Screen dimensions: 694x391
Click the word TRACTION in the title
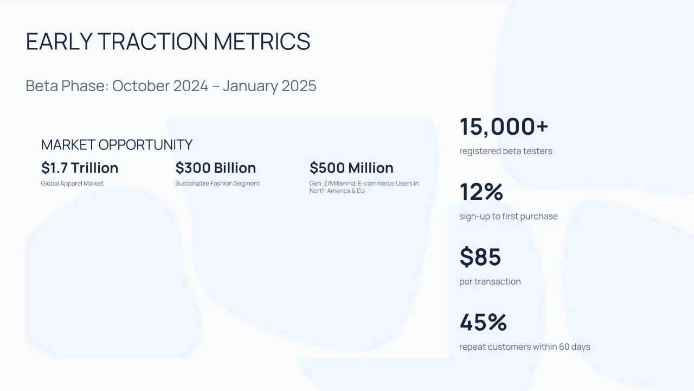pos(153,41)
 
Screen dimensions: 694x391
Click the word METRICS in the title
pos(262,41)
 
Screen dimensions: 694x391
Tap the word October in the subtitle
pos(140,86)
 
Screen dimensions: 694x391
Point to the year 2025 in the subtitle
pos(299,86)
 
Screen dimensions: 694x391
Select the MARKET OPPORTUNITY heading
pos(117,144)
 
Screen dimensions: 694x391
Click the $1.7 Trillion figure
pos(80,168)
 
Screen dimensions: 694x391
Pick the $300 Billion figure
pos(216,168)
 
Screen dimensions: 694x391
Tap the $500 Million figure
pos(351,168)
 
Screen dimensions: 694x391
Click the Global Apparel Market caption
pos(72,184)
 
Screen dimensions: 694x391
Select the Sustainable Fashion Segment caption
pos(217,184)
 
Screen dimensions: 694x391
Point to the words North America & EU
pos(337,191)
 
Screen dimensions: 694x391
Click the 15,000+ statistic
pos(504,127)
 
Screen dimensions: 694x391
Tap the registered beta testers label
pos(506,151)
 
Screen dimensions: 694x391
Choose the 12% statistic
pos(481,192)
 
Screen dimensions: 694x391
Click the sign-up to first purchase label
pos(509,216)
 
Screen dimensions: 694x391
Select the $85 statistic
pos(480,257)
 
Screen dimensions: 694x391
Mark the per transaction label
pos(490,282)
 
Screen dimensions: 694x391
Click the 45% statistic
pos(483,322)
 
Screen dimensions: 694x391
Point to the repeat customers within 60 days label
pos(525,346)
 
